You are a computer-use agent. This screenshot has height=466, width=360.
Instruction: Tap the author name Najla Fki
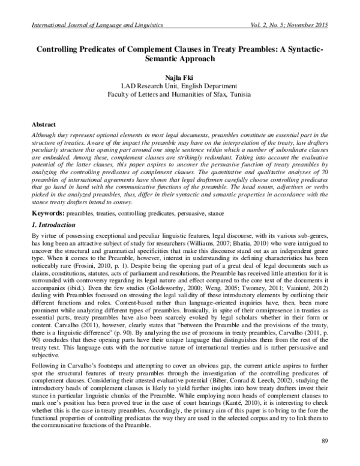pos(180,77)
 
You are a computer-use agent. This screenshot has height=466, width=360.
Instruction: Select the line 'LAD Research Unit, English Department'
pos(180,86)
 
